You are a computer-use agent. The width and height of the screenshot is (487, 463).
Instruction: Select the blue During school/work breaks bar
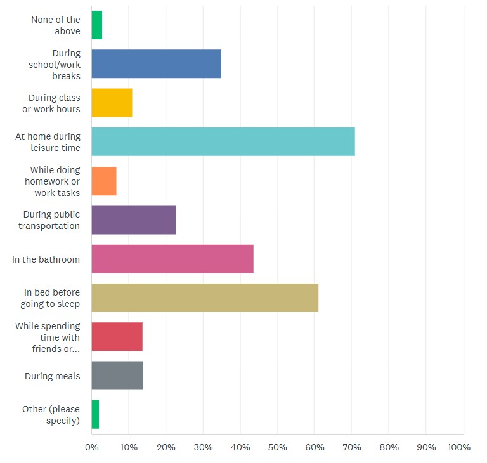point(156,64)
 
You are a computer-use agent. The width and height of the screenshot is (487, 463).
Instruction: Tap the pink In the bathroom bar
point(172,259)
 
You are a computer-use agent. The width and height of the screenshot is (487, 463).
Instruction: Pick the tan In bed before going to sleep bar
point(205,297)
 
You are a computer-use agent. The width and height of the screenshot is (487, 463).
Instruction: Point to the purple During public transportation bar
point(133,220)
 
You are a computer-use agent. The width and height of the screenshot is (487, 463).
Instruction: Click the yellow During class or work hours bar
point(112,103)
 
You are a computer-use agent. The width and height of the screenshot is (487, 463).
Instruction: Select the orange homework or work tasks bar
point(104,181)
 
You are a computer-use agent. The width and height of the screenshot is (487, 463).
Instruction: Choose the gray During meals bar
point(117,375)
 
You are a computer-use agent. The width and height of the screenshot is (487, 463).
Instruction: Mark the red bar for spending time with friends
point(117,337)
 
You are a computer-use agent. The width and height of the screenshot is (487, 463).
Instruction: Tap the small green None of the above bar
point(96,25)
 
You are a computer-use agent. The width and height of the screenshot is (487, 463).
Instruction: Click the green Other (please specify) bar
point(95,415)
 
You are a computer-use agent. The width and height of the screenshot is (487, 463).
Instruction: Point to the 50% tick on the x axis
point(278,447)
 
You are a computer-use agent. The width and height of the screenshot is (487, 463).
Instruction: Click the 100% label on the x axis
point(458,447)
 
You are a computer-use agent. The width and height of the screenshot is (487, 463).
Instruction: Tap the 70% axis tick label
point(352,447)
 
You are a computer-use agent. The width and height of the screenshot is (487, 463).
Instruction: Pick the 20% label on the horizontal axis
point(166,447)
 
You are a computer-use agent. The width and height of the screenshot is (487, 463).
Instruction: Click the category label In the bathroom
point(46,259)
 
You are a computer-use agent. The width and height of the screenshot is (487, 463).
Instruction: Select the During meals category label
point(53,376)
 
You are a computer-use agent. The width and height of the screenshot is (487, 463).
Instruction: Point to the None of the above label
point(56,25)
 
